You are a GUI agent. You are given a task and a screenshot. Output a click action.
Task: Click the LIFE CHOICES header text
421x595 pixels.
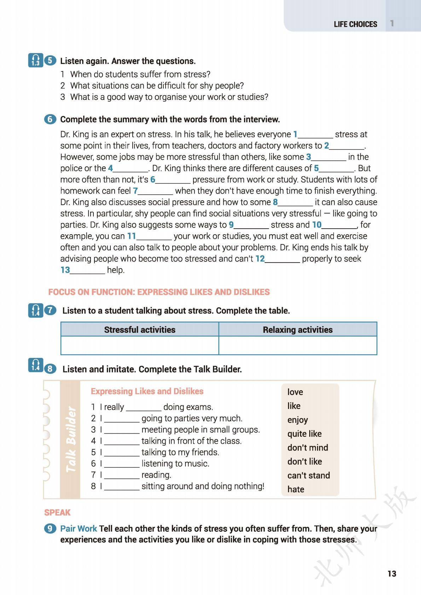click(355, 24)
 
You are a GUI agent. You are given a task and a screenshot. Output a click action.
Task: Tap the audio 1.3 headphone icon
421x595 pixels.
click(35, 60)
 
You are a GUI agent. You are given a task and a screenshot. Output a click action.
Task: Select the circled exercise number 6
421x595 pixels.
click(50, 119)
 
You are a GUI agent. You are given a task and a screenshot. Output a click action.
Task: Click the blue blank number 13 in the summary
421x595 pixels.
click(65, 270)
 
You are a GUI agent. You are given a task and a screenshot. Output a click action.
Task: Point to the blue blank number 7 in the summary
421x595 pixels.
click(135, 191)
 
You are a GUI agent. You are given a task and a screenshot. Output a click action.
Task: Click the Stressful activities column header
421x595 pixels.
click(139, 330)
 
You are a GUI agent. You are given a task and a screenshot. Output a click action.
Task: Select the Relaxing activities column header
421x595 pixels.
click(298, 330)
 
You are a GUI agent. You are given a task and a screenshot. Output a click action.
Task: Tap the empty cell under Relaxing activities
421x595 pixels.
click(298, 345)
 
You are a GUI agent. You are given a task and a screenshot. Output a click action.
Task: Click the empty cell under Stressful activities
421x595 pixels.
click(139, 345)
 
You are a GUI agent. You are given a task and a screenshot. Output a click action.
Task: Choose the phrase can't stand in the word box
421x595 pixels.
click(308, 476)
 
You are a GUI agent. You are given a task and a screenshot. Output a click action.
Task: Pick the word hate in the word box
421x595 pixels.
click(296, 489)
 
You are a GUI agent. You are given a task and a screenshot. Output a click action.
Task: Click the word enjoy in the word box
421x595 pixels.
click(298, 420)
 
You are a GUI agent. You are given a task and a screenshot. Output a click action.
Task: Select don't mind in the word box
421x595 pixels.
click(307, 448)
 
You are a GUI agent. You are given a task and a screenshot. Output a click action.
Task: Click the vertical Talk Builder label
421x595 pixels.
click(71, 440)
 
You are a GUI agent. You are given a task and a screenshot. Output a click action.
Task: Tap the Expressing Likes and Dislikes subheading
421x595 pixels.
click(147, 391)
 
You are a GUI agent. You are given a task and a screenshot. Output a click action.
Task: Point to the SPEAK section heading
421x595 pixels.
click(57, 513)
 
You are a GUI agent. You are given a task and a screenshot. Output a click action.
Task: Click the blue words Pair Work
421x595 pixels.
click(79, 529)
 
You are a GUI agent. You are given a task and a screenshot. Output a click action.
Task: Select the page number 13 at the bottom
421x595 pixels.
click(392, 573)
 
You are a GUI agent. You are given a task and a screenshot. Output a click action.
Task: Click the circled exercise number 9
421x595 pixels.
click(50, 529)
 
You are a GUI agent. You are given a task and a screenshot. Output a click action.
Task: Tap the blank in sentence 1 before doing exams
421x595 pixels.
click(144, 407)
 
